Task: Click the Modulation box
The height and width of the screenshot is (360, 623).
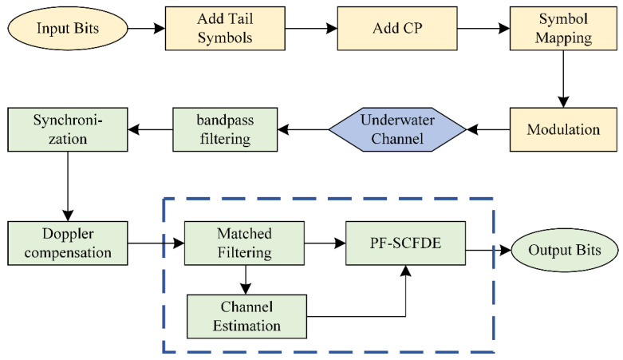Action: (563, 128)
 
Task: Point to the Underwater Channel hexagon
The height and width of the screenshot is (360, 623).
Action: (396, 128)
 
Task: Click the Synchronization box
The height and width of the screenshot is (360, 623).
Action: (66, 128)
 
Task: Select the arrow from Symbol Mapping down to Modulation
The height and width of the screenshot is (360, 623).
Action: (563, 80)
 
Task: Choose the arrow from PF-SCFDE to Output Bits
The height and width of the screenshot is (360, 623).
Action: (487, 250)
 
